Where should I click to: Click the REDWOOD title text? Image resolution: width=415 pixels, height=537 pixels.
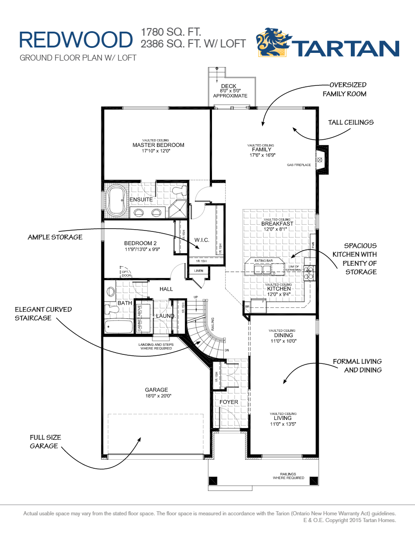pos(75,40)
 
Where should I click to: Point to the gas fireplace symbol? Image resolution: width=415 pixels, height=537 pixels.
pos(321,160)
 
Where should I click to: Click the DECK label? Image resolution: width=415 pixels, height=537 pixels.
pos(229,86)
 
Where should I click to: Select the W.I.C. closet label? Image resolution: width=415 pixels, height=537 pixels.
pos(202,240)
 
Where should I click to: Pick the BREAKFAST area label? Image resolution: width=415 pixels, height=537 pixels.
pos(277,223)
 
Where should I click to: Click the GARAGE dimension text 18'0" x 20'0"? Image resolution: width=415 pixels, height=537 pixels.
pos(156,396)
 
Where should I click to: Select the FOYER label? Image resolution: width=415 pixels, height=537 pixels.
pos(229,402)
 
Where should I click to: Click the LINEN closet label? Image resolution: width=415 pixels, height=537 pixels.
pos(199,271)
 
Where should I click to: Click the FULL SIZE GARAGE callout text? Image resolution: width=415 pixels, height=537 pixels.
pos(45,442)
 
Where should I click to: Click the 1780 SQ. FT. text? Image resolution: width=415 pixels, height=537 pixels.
pos(171,32)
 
